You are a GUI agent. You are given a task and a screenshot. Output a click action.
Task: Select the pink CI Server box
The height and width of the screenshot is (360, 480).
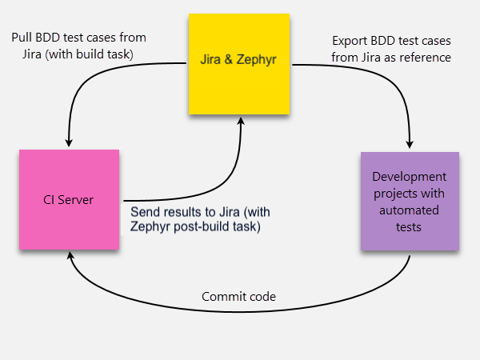pyautogui.click(x=69, y=199)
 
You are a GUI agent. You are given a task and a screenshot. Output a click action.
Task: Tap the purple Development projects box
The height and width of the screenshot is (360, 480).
pyautogui.click(x=410, y=201)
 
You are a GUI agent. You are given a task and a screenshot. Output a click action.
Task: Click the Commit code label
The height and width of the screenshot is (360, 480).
pyautogui.click(x=238, y=297)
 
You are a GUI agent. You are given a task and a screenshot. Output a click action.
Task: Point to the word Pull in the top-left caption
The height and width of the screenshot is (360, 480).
pyautogui.click(x=23, y=38)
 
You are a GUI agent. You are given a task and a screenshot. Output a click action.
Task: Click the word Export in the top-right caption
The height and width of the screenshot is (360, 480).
pyautogui.click(x=350, y=40)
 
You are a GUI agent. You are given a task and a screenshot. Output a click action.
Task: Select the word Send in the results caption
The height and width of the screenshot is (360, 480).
pyautogui.click(x=144, y=212)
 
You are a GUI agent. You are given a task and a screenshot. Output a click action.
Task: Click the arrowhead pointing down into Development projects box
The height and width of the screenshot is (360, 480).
pyautogui.click(x=410, y=144)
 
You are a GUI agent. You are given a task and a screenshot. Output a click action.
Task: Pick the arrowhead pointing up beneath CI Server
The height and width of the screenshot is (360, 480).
pyautogui.click(x=73, y=258)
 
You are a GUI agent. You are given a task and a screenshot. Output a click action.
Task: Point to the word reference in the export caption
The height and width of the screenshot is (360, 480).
pyautogui.click(x=426, y=57)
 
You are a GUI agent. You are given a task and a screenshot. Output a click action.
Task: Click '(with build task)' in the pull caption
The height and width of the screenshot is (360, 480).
pyautogui.click(x=93, y=54)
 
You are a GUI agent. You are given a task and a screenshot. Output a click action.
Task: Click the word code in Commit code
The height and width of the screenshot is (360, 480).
pyautogui.click(x=262, y=297)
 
